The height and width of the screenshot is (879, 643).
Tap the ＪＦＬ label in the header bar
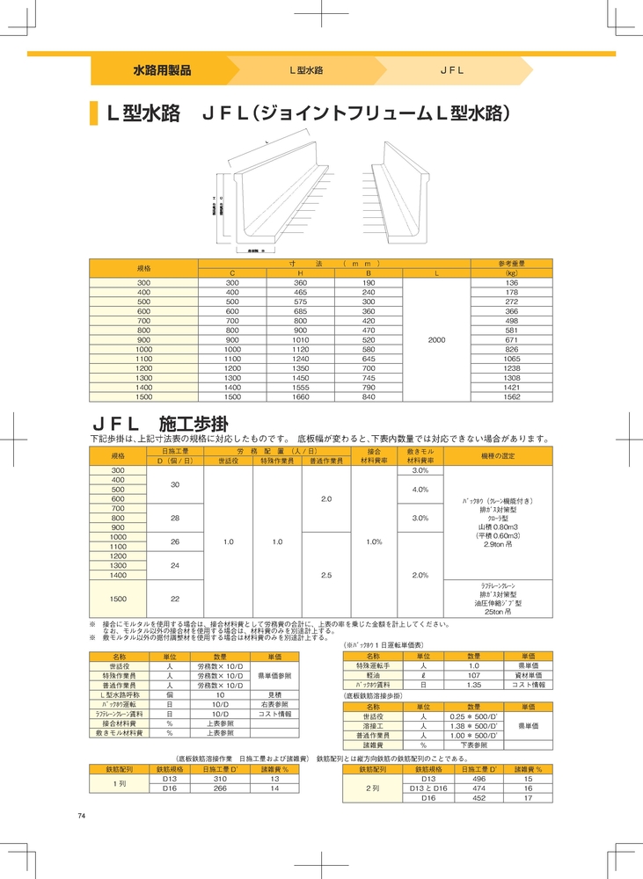(x=451, y=69)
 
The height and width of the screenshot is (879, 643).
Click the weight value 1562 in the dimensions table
(x=511, y=396)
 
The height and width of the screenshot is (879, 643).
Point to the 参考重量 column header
(x=511, y=264)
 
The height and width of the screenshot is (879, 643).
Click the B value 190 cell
(x=369, y=282)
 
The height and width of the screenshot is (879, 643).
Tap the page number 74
(x=81, y=817)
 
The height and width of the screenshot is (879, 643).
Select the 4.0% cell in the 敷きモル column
(x=420, y=489)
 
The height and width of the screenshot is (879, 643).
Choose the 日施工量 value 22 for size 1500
(x=176, y=599)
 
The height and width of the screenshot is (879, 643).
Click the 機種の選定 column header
(x=501, y=456)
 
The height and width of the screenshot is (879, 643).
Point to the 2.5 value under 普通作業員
(x=326, y=575)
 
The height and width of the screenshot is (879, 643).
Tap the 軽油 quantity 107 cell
(x=473, y=675)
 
